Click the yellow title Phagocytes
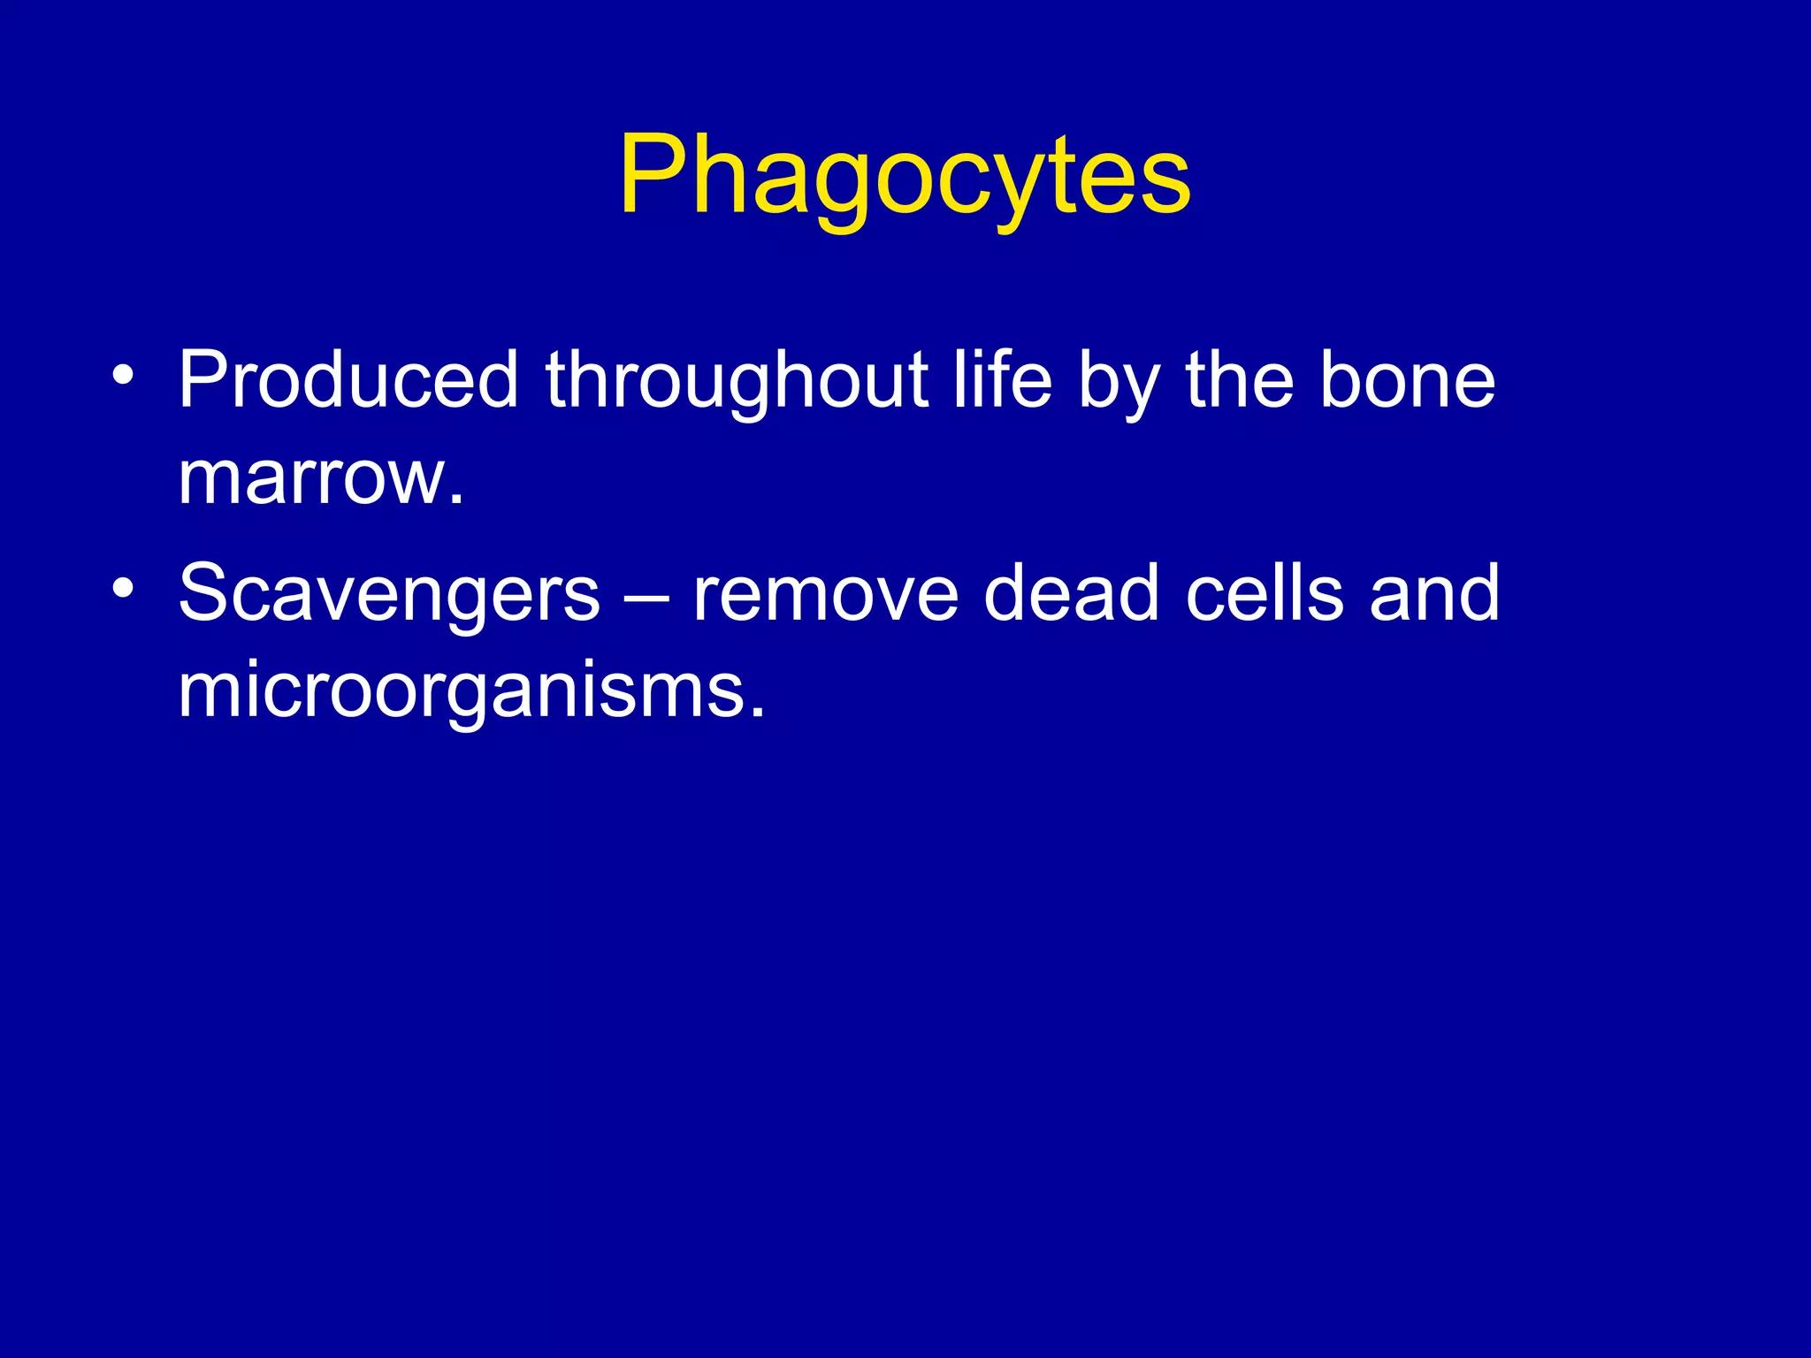click(905, 175)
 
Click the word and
click(1433, 592)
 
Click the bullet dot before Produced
click(124, 376)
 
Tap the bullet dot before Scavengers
click(124, 588)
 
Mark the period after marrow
click(455, 500)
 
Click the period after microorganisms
click(756, 713)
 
